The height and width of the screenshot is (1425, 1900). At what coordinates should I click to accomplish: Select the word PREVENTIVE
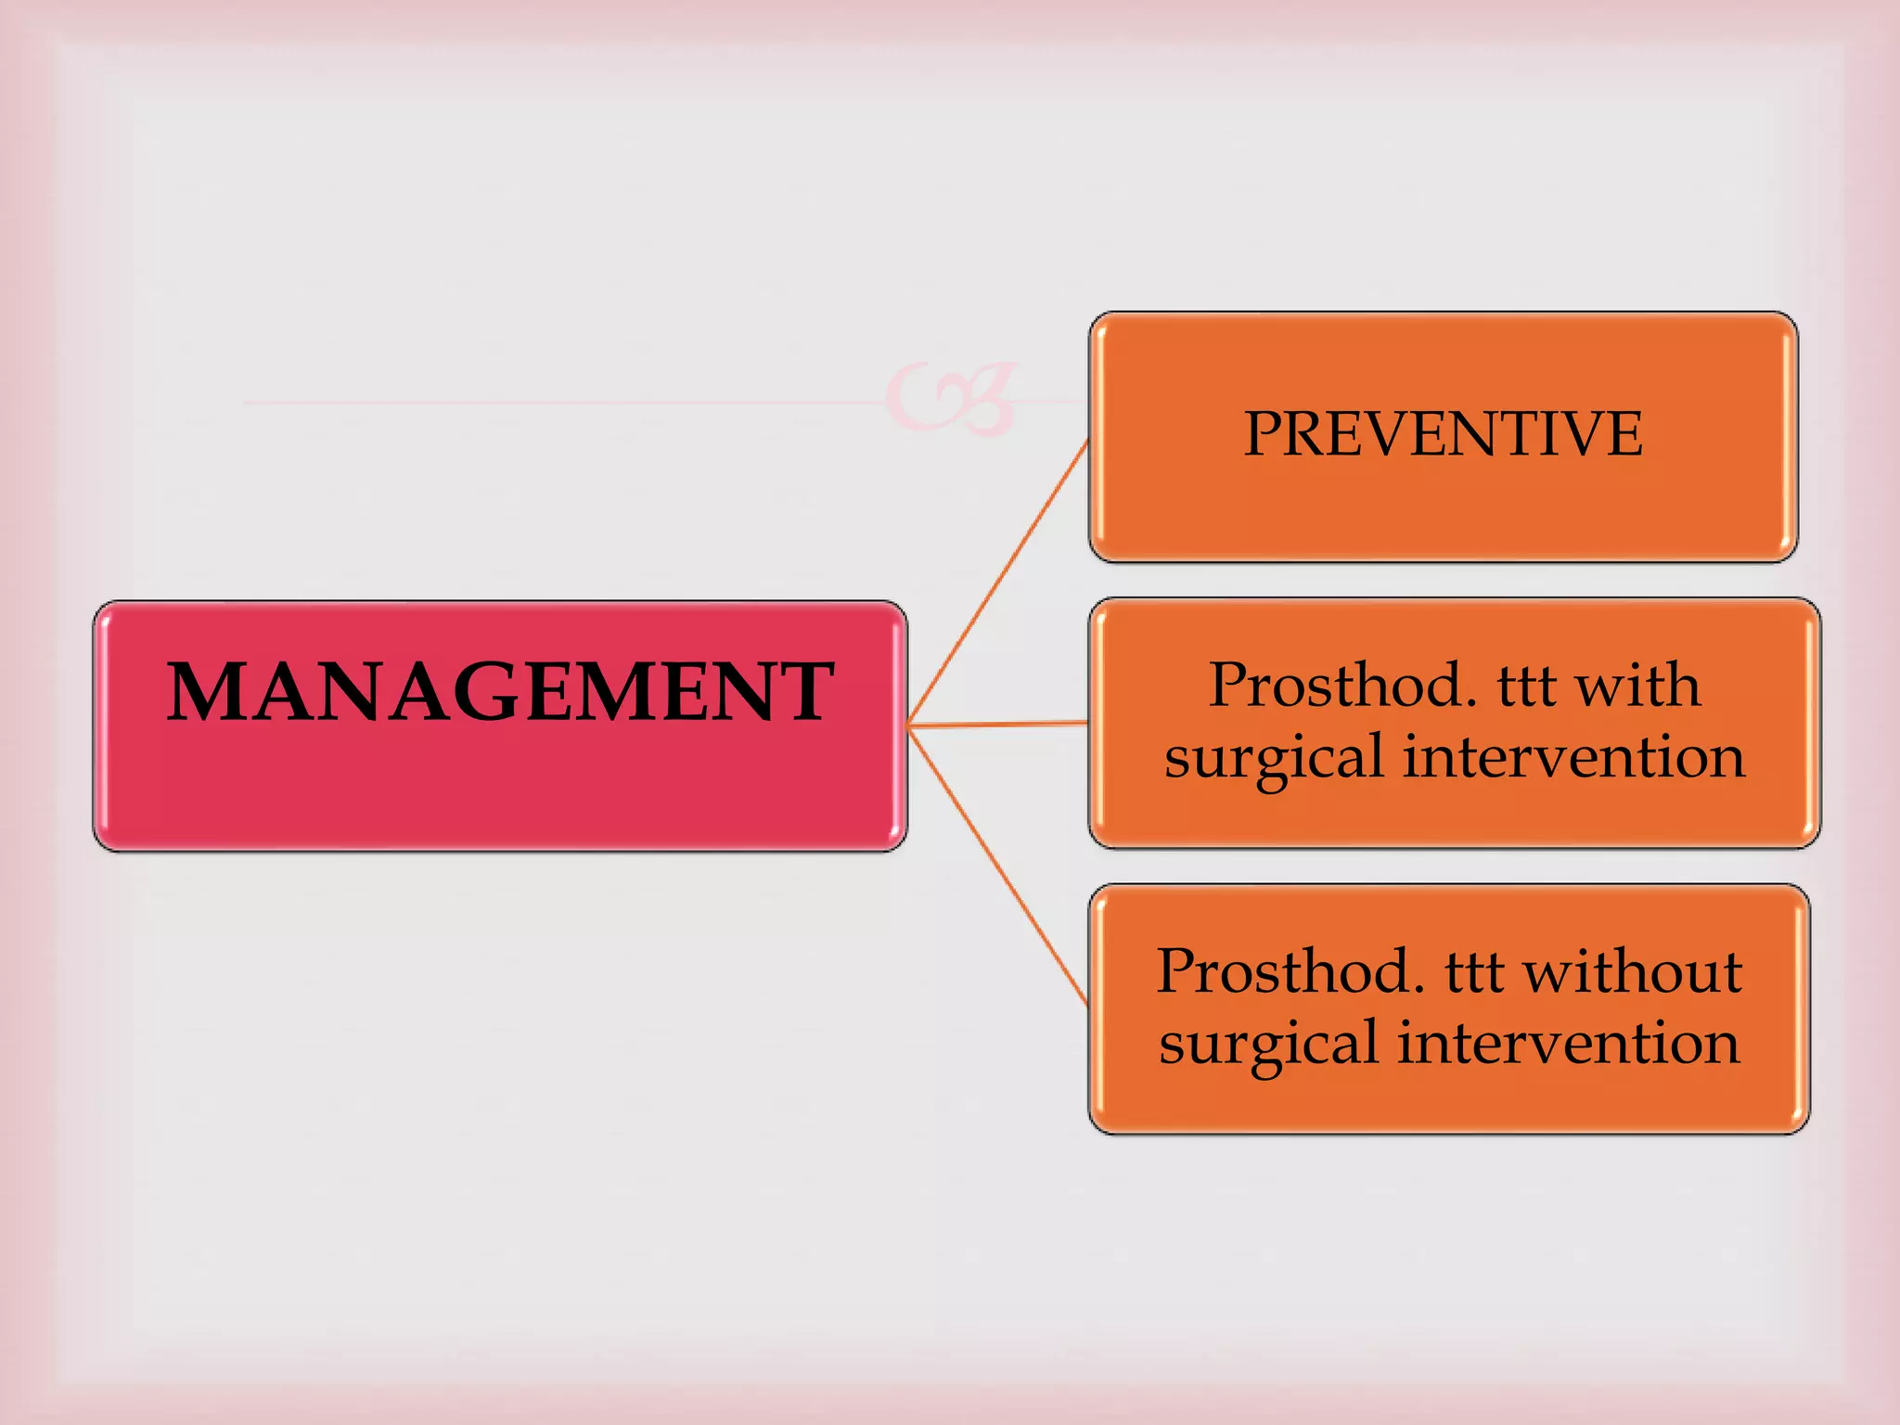[x=1443, y=434]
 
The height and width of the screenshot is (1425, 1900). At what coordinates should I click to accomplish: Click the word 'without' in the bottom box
[x=1633, y=972]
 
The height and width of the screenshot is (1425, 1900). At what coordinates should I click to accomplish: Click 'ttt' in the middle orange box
[x=1527, y=687]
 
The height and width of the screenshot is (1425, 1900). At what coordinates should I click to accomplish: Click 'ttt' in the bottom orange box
[x=1474, y=972]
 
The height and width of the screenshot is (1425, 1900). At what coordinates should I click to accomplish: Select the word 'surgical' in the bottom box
[x=1269, y=1045]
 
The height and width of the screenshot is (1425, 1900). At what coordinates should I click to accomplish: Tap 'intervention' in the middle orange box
[x=1573, y=757]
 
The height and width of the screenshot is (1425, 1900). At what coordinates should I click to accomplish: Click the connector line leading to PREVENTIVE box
[x=997, y=583]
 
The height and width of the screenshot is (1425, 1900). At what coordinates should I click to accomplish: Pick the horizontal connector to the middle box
[x=997, y=723]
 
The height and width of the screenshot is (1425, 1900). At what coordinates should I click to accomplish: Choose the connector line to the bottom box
[x=997, y=864]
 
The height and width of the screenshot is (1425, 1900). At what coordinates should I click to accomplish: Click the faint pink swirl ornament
[x=951, y=399]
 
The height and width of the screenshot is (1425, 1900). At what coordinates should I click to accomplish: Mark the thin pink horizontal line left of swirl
[x=557, y=403]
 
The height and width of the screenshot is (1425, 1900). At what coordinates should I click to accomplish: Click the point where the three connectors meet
[x=910, y=725]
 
